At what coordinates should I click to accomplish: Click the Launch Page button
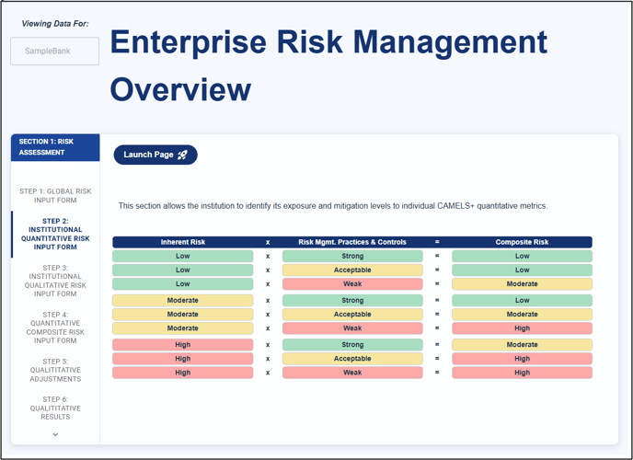tap(155, 155)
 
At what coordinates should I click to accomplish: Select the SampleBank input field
tap(55, 52)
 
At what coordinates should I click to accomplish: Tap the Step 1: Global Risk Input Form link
tap(55, 196)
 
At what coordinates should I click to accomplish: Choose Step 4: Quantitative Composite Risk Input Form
tap(55, 328)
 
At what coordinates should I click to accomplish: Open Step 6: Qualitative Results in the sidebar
tap(55, 408)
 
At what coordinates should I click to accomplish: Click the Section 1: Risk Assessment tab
tap(55, 147)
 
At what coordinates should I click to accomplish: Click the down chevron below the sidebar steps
tap(55, 434)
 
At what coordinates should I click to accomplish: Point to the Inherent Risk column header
tap(183, 242)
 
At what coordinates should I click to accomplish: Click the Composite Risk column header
tap(522, 242)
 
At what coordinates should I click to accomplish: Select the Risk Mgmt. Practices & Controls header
tap(352, 242)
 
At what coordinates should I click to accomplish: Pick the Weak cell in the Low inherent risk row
tap(352, 284)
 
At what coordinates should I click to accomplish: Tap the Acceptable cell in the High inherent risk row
tap(352, 359)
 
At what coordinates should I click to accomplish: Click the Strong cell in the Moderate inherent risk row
tap(352, 300)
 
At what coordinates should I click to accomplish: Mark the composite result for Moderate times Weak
tap(522, 328)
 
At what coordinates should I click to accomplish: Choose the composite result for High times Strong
tap(522, 345)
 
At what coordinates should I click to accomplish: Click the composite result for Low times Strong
tap(522, 257)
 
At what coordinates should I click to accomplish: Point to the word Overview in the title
tap(180, 89)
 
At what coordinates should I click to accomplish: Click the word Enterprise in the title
tap(189, 42)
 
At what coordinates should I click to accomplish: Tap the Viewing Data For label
tap(55, 24)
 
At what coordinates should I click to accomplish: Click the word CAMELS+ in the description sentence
tap(455, 206)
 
